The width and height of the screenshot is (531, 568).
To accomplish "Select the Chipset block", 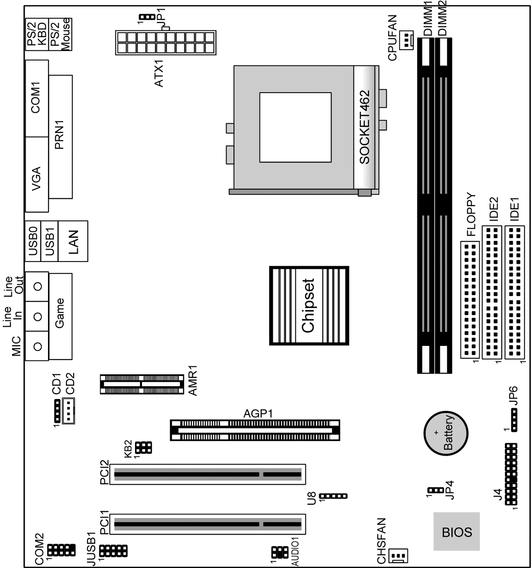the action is click(x=309, y=306).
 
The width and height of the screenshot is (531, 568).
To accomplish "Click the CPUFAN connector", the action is click(x=406, y=40).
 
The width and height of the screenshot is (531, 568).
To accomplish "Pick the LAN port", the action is click(x=73, y=241).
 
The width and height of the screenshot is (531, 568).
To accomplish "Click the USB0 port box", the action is click(x=33, y=241).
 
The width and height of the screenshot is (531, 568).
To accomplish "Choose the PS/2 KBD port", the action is click(x=37, y=34).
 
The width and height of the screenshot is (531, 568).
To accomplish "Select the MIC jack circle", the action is click(x=38, y=346).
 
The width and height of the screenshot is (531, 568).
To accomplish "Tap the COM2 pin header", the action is click(x=62, y=550).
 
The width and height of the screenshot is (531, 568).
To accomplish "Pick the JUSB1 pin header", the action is click(x=114, y=551).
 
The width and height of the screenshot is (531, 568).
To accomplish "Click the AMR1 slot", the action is click(x=142, y=384).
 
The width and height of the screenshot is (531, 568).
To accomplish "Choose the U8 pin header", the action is click(x=333, y=496).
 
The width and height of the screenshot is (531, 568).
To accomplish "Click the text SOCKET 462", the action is click(x=364, y=127).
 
